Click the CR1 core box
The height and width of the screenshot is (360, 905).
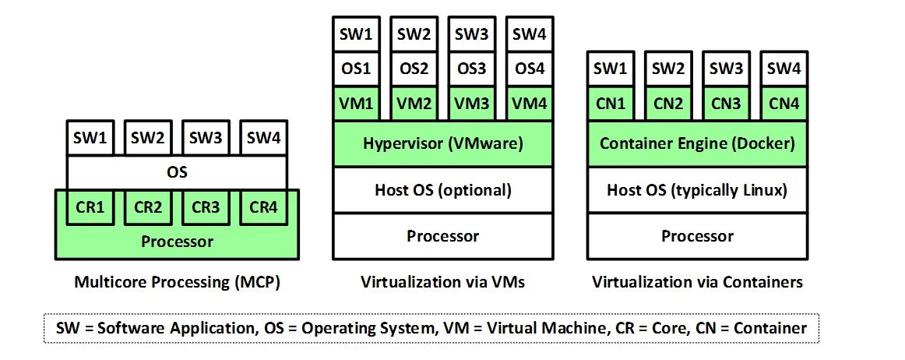pyautogui.click(x=92, y=208)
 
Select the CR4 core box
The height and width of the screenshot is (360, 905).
pyautogui.click(x=263, y=208)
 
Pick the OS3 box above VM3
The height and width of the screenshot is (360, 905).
pyautogui.click(x=471, y=69)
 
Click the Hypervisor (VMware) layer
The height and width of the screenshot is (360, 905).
pyautogui.click(x=443, y=143)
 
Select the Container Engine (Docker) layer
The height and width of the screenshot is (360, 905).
pyautogui.click(x=697, y=143)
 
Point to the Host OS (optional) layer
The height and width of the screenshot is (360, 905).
pyautogui.click(x=443, y=189)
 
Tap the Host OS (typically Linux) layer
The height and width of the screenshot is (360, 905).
pyautogui.click(x=697, y=189)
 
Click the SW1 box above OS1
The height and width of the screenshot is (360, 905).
pyautogui.click(x=357, y=34)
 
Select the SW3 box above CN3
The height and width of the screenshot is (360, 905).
pyautogui.click(x=726, y=69)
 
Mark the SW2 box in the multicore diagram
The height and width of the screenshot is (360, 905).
pyautogui.click(x=148, y=139)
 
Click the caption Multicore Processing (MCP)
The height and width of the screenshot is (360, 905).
pyautogui.click(x=177, y=282)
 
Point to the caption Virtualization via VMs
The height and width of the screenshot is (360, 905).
pyautogui.click(x=443, y=282)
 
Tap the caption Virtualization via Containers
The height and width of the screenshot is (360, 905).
pyautogui.click(x=697, y=282)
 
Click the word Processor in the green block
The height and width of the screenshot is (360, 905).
pyautogui.click(x=177, y=242)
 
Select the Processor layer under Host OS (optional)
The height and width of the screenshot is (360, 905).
pyautogui.click(x=443, y=235)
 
